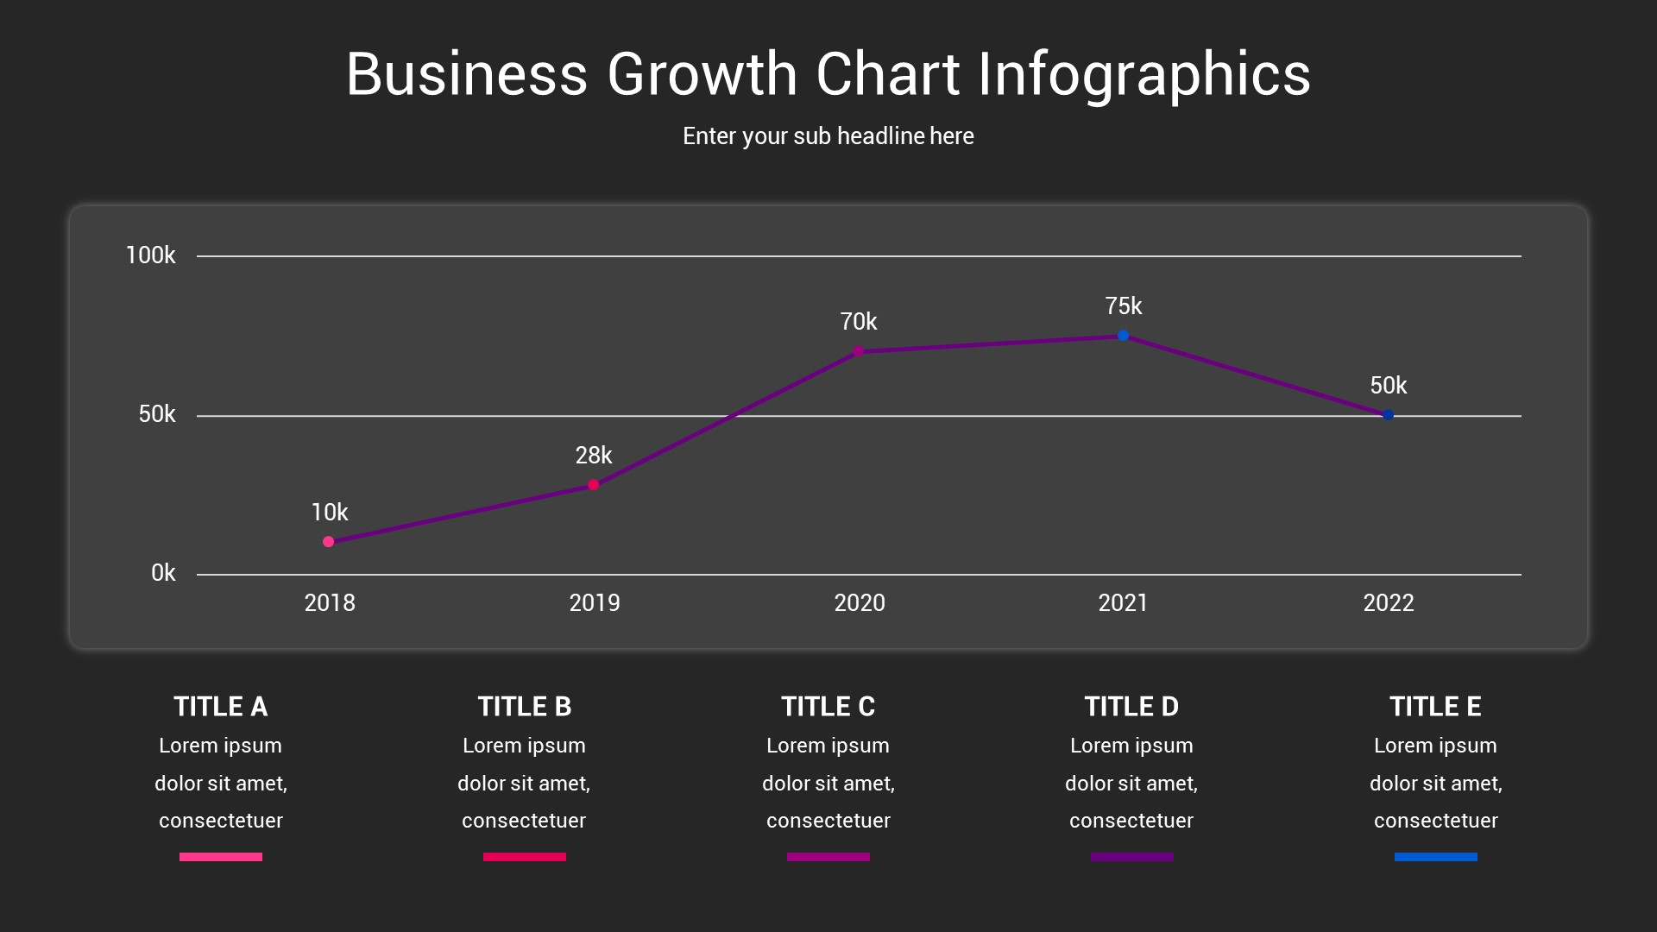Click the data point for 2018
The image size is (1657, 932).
[x=328, y=542]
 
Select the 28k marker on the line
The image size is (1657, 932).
[x=593, y=485]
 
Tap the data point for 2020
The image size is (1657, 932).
[x=858, y=351]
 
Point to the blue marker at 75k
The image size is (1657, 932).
[x=1123, y=336]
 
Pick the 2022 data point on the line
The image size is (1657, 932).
[x=1388, y=415]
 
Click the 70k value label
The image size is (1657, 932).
[x=858, y=322]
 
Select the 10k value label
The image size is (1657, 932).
[x=329, y=513]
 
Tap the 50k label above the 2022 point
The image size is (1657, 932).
[x=1388, y=386]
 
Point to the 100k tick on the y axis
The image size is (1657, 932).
[x=150, y=255]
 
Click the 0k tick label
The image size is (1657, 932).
[x=162, y=573]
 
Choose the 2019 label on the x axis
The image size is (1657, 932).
[x=594, y=602]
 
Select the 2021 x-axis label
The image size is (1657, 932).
[x=1123, y=602]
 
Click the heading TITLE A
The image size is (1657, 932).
[x=220, y=707]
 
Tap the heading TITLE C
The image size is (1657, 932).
[x=828, y=707]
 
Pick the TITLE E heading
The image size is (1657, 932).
[x=1435, y=707]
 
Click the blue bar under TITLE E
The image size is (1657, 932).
[x=1435, y=857]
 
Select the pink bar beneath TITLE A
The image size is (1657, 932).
[x=220, y=857]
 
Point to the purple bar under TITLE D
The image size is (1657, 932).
[x=1131, y=857]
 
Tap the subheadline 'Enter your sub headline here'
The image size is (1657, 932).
[x=828, y=136]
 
